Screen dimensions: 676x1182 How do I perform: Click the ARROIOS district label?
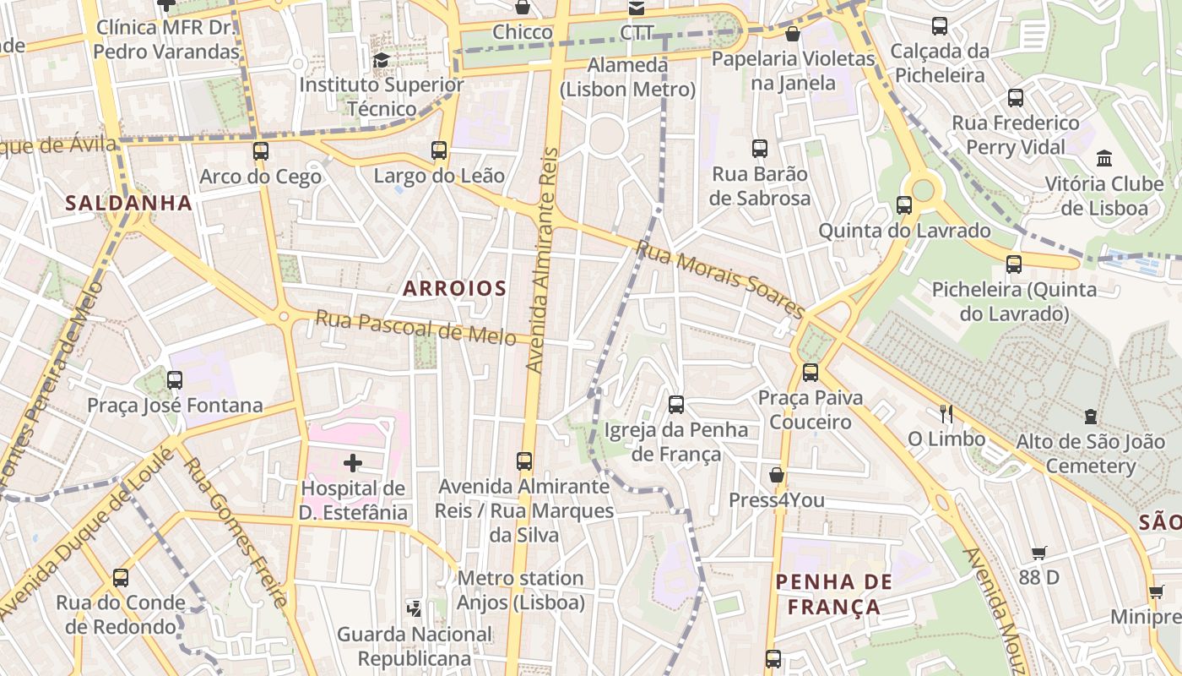tap(454, 288)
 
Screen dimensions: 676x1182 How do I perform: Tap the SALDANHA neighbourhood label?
tap(128, 203)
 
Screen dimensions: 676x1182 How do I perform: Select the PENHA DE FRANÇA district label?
tap(833, 594)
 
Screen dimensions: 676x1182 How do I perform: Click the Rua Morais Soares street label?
tap(720, 278)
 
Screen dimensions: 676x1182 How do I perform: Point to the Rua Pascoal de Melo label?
tap(415, 328)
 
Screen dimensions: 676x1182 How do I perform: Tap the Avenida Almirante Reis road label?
tap(542, 260)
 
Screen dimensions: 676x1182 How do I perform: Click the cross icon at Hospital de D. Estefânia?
tap(353, 463)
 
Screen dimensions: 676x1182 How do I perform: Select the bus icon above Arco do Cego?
tap(260, 151)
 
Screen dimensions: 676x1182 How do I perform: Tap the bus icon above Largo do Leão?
tap(439, 150)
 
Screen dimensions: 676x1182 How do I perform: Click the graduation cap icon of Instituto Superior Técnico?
tap(381, 60)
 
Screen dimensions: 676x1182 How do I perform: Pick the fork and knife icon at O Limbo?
tap(946, 413)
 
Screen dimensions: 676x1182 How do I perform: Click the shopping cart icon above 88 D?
tap(1039, 553)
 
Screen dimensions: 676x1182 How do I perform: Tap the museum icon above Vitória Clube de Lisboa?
tap(1103, 158)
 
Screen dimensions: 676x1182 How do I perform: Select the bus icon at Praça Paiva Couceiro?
tap(811, 372)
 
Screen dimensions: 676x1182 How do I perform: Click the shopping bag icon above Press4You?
tap(777, 475)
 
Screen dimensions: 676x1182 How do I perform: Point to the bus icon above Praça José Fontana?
tap(175, 380)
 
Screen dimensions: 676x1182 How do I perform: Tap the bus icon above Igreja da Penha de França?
tap(676, 404)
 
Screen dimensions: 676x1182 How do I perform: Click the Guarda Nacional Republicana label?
tap(415, 646)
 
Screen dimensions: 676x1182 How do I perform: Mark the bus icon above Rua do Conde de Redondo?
tap(121, 578)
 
